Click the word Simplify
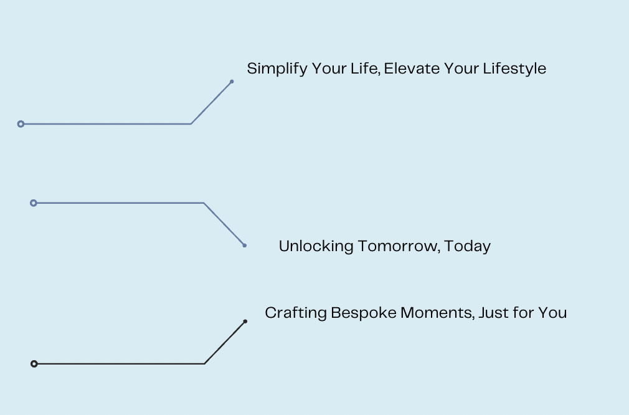[x=277, y=69]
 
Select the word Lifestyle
[x=514, y=69]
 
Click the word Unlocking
[x=316, y=246]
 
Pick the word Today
[x=467, y=246]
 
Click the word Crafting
[x=296, y=313]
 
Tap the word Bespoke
[x=364, y=313]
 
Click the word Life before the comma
[x=364, y=68]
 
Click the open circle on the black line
[x=34, y=364]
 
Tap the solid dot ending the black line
[x=245, y=322]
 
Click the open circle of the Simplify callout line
[x=21, y=124]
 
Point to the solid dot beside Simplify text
[x=232, y=82]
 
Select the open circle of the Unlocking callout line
[x=34, y=203]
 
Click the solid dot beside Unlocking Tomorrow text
[x=244, y=246]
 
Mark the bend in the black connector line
[x=205, y=364]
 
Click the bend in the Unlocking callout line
[x=204, y=203]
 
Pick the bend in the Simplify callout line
[x=191, y=124]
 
